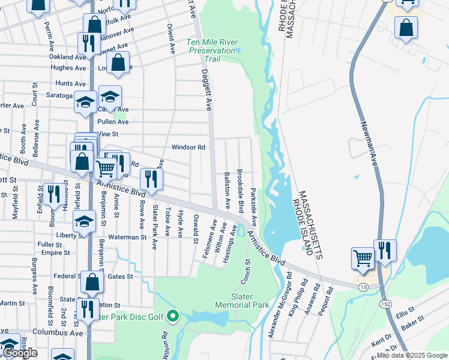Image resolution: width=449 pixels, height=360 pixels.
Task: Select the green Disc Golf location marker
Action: [x=173, y=315]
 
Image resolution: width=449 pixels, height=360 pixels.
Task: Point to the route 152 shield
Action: [x=385, y=305]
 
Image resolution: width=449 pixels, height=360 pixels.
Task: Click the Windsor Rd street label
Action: [x=188, y=147]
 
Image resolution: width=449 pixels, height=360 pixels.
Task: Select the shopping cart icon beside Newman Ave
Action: [x=363, y=258]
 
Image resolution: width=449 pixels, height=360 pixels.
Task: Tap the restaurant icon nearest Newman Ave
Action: [x=385, y=250]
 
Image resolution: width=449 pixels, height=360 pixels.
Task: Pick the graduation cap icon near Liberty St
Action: [x=85, y=221]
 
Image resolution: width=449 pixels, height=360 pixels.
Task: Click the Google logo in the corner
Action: [x=20, y=353]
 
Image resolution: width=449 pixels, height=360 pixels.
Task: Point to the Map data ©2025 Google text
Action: [x=412, y=356]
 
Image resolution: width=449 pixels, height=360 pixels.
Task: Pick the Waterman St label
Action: [x=127, y=237]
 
